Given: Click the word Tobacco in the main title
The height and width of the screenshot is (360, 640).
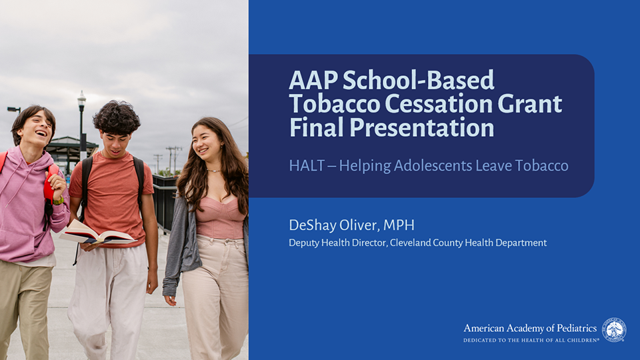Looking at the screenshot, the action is [335, 104].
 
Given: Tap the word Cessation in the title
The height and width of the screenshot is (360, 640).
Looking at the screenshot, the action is [439, 104].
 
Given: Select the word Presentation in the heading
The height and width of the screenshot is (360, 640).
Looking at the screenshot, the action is [421, 127].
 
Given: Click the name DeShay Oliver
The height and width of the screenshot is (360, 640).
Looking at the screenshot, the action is [334, 225].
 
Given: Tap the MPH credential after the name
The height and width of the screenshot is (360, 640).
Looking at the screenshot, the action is [399, 225].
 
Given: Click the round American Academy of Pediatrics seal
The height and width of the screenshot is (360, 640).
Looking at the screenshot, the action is [614, 330].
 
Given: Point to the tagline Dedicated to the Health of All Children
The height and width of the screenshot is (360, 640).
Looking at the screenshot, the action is [531, 340].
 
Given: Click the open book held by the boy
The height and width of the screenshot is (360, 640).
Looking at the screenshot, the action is [97, 235].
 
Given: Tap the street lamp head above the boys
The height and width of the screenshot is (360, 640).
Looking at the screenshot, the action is [81, 99].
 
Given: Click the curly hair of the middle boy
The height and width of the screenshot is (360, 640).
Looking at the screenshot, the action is [117, 117].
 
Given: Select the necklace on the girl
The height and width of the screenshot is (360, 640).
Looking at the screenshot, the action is [213, 170].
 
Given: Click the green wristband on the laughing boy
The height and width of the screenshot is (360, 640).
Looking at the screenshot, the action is [59, 201].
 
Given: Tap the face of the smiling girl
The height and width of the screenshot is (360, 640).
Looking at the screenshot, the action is [207, 144].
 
